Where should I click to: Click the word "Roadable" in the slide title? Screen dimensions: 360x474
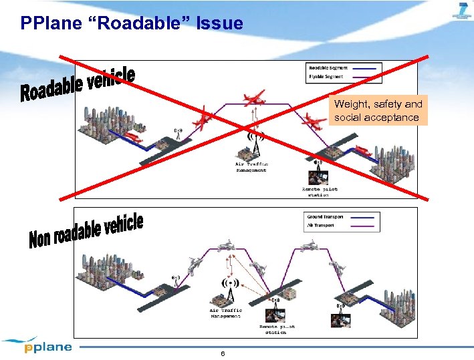click(x=140, y=23)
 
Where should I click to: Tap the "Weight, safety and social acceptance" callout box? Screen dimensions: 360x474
click(x=378, y=111)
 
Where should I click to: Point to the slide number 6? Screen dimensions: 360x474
click(x=223, y=353)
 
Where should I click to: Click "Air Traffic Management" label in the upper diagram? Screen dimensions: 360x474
click(x=251, y=167)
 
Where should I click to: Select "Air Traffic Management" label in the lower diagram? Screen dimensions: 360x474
click(x=225, y=313)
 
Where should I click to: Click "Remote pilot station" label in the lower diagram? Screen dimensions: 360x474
click(x=277, y=329)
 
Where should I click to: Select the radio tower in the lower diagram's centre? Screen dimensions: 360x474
click(x=229, y=284)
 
